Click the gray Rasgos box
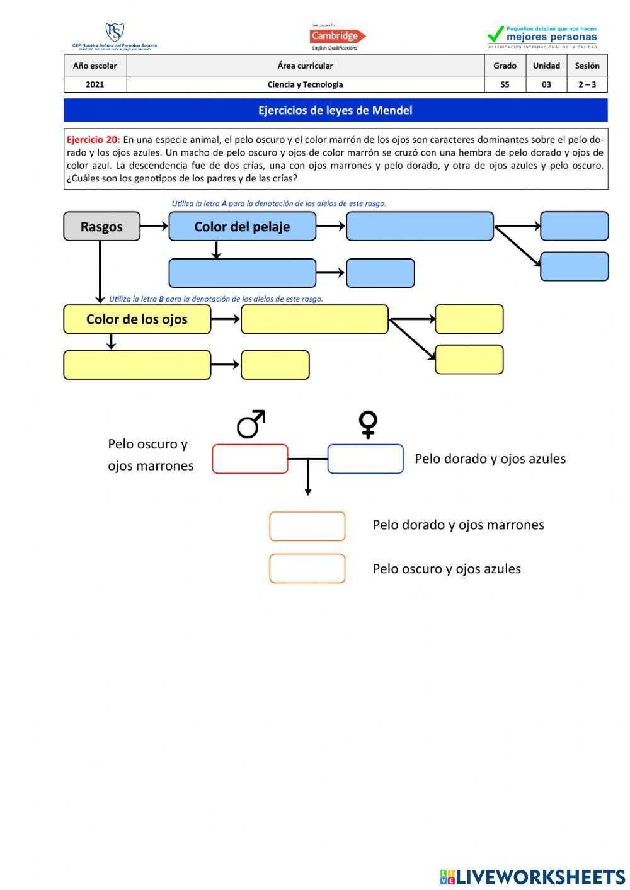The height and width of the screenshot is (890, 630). coord(101,226)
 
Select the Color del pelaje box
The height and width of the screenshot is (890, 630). coord(242,226)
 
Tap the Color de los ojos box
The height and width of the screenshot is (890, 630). coord(137,319)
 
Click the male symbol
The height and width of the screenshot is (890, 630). coord(251,424)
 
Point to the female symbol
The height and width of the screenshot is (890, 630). coord(368,424)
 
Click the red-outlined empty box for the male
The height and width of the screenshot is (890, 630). coord(250,459)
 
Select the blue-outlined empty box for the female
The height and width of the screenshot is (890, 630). coord(365,459)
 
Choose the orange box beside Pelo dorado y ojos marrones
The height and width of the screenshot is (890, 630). coord(307,526)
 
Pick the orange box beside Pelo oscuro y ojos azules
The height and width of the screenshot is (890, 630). coord(307,568)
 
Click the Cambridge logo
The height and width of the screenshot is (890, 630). coord(337,37)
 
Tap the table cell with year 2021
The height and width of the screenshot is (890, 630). coord(95,84)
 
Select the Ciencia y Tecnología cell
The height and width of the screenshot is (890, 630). coord(305,84)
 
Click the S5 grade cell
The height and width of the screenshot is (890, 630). coord(505,84)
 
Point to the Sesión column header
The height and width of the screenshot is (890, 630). coord(587,66)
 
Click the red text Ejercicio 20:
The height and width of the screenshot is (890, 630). coord(93,140)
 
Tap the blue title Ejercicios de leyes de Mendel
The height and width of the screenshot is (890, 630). coord(335,110)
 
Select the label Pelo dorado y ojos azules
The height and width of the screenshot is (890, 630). coord(490,459)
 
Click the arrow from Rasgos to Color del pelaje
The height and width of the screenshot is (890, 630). coord(154,226)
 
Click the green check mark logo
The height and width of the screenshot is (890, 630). coord(496,34)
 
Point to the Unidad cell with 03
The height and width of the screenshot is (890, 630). coord(546,84)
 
